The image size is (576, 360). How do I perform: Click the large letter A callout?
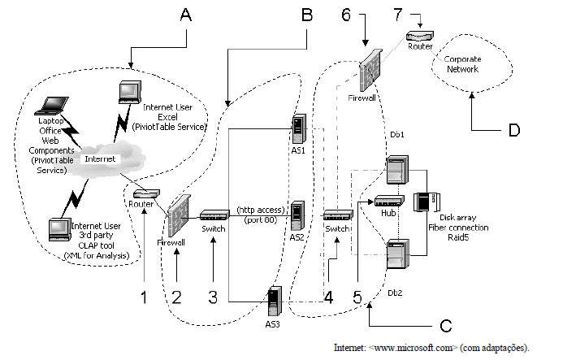(186, 15)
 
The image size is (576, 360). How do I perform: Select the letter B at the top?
(307, 15)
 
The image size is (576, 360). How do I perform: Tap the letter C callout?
(445, 326)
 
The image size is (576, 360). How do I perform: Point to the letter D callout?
(514, 130)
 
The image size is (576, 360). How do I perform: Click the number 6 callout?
(346, 15)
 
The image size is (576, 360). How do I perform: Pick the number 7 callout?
(398, 15)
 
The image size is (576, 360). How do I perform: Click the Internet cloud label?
(100, 158)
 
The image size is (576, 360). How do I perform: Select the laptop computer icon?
(51, 106)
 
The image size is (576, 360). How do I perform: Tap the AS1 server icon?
(299, 128)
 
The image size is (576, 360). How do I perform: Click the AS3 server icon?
(275, 301)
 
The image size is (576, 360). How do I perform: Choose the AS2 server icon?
(297, 215)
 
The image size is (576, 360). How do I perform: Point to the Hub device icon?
(389, 201)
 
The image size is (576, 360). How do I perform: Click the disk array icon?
(427, 202)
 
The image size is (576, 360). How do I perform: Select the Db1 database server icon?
(397, 170)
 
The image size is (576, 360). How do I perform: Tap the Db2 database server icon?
(398, 254)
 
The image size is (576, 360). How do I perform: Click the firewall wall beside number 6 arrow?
(370, 71)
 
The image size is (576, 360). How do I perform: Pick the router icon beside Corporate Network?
(420, 36)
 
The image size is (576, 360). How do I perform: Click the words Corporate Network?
(462, 64)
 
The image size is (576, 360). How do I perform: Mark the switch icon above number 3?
(214, 215)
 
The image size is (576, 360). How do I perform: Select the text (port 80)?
(261, 219)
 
